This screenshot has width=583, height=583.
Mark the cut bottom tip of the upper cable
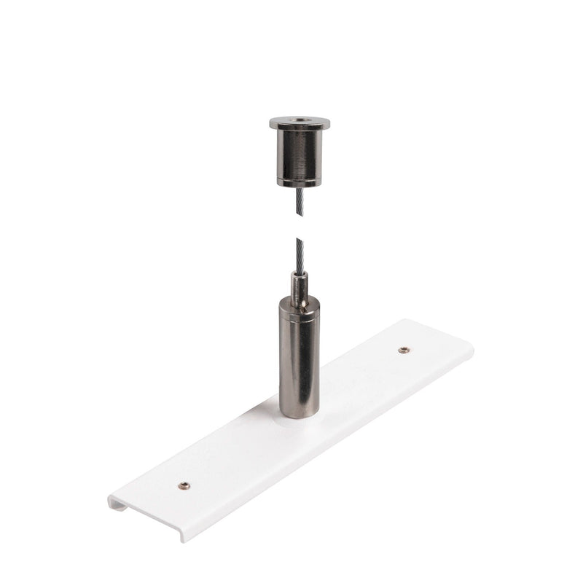click(x=300, y=216)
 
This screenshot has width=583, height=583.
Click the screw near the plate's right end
click(x=402, y=351)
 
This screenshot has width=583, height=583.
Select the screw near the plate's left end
click(x=185, y=485)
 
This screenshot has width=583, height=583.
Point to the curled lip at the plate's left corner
click(x=115, y=502)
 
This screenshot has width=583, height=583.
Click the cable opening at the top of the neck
click(x=300, y=273)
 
